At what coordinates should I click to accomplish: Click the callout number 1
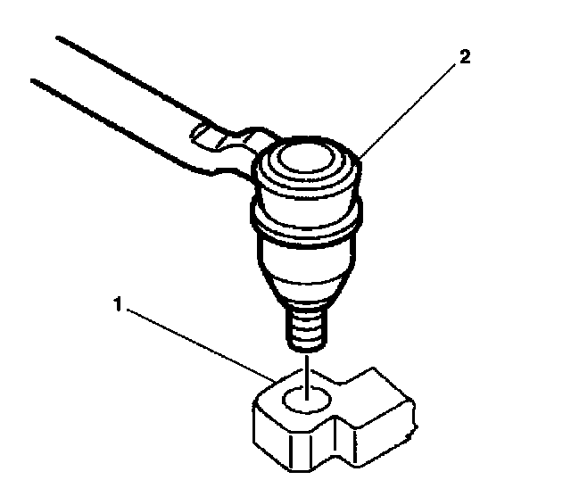coord(116,304)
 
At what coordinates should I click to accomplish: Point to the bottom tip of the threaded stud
coord(305,349)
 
